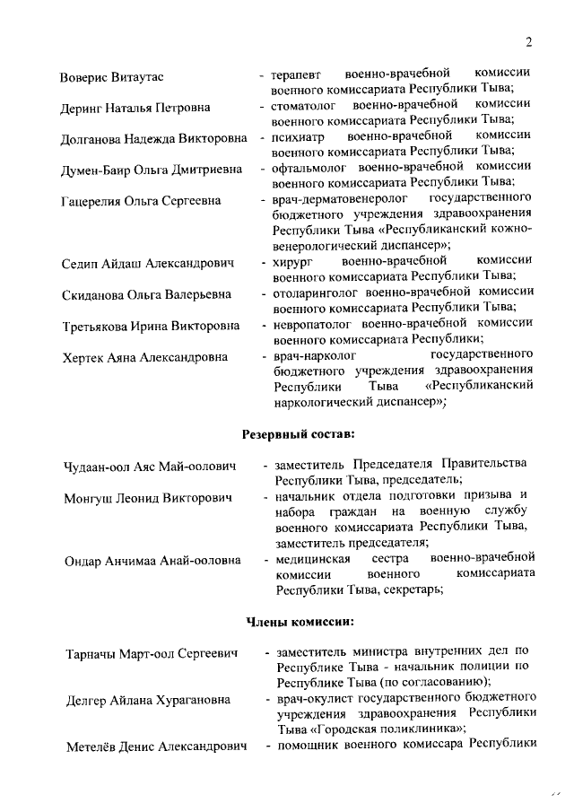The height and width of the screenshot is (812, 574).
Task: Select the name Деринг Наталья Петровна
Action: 135,109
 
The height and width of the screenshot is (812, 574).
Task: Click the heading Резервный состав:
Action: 299,433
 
